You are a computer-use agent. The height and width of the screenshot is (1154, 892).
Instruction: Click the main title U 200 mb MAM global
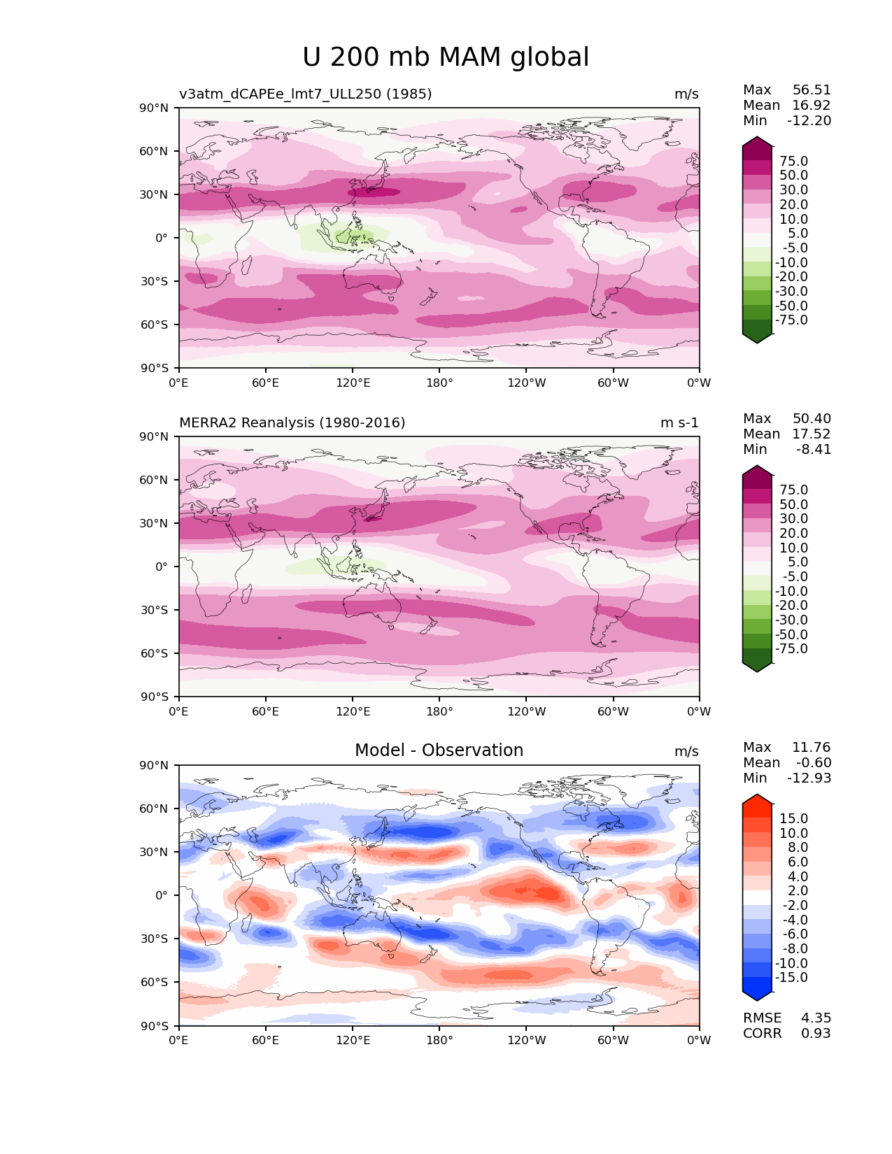coord(446,57)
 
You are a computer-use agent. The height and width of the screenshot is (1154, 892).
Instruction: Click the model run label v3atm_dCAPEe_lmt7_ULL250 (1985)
coord(305,94)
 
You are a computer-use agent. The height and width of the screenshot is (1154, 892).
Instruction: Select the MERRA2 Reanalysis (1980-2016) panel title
coord(292,422)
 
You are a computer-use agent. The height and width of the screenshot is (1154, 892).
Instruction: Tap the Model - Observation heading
coord(439,750)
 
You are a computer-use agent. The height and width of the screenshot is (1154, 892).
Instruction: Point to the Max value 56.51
coord(812,90)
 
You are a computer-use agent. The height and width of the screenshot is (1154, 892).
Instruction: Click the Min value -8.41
coord(814,450)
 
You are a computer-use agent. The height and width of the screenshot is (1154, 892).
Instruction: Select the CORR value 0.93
coord(816,1034)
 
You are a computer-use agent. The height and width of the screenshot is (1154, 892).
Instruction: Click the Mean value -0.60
coord(814,763)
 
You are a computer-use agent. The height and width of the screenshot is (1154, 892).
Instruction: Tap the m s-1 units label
coord(679,422)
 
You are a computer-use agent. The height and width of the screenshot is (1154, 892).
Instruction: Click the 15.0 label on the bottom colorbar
coord(793,819)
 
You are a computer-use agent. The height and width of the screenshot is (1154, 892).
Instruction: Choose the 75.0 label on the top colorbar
coord(793,162)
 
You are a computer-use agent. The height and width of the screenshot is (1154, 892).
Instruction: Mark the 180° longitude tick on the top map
coord(439,383)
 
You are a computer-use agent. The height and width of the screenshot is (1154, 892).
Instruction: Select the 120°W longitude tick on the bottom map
coord(526,1041)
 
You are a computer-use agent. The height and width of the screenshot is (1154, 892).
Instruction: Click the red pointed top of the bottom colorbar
coord(757,799)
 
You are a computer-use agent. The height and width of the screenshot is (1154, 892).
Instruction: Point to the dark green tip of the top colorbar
coord(757,339)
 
